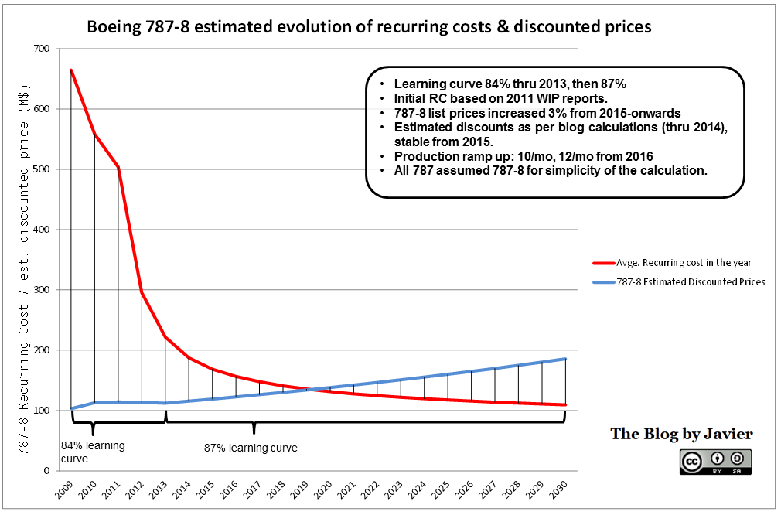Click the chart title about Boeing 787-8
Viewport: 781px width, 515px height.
pos(369,27)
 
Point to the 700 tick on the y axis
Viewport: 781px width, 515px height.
pos(40,49)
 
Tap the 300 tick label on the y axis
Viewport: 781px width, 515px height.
pos(40,290)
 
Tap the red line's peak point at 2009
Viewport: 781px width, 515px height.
pos(71,70)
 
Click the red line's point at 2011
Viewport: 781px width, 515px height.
pos(118,167)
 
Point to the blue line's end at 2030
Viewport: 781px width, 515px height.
pos(565,359)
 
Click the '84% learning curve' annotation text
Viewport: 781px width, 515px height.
pos(93,452)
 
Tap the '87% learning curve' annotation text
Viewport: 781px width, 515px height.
pos(251,447)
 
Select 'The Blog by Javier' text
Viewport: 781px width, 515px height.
pos(681,434)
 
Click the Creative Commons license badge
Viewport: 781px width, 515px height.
pos(715,462)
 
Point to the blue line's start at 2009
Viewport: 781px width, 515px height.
pos(71,408)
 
